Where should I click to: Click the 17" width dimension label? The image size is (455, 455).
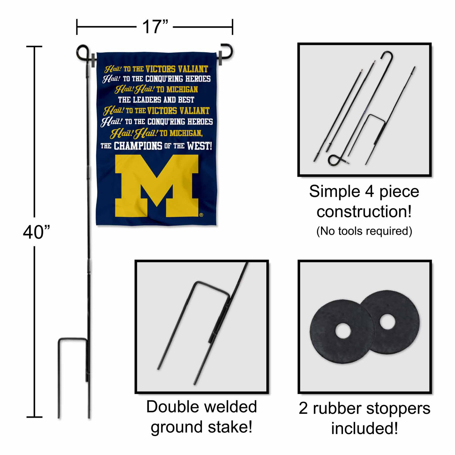[155, 27]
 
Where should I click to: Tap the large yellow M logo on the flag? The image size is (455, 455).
[156, 185]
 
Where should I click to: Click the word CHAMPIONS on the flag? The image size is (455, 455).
[138, 146]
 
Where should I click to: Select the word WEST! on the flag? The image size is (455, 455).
[199, 146]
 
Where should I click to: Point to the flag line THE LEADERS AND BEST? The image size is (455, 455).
[156, 100]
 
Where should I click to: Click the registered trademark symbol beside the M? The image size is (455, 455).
[201, 215]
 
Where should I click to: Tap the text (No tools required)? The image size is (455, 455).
[364, 231]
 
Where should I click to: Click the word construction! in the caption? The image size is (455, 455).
[364, 212]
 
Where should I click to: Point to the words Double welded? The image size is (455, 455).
[202, 407]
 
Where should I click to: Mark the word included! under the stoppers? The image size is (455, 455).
[364, 428]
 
